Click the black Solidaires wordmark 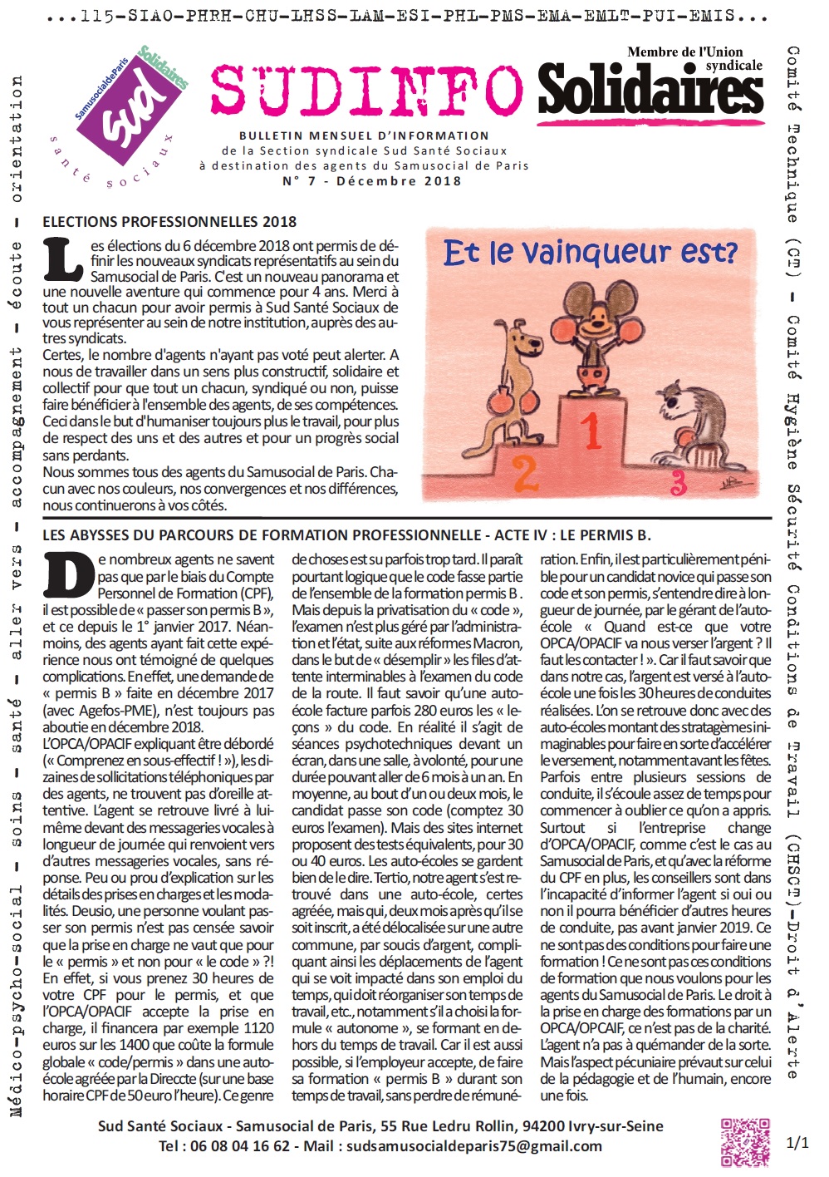[x=650, y=91]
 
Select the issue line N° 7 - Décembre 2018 [x=371, y=181]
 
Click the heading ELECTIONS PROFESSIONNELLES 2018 [x=169, y=222]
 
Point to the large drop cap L [x=63, y=259]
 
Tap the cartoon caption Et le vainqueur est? [x=590, y=252]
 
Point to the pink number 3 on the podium [x=678, y=483]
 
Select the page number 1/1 [x=797, y=1143]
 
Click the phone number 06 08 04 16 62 [x=241, y=1146]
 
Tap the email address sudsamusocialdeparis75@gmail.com [x=473, y=1146]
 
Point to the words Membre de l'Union [x=685, y=52]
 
